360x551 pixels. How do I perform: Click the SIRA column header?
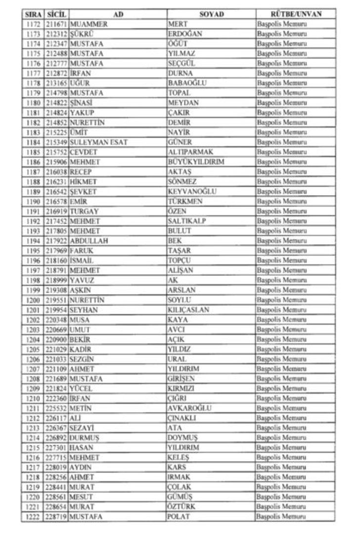click(33, 14)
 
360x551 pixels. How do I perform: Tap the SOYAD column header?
click(211, 14)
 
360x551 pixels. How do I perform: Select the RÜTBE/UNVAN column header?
click(296, 14)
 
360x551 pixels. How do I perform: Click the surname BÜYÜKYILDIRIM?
click(196, 162)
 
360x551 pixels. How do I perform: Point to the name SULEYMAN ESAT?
click(99, 142)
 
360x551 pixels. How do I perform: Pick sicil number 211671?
click(56, 24)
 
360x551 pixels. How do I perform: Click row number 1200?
click(33, 300)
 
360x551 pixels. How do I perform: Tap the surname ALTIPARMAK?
click(191, 152)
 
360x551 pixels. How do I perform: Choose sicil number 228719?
click(56, 517)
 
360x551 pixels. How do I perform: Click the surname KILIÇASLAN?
click(188, 310)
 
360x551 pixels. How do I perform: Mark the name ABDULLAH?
click(89, 241)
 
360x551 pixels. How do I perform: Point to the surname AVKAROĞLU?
click(189, 408)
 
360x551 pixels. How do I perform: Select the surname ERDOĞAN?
click(185, 34)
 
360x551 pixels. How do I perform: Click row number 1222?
click(33, 517)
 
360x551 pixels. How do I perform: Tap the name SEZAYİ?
click(82, 428)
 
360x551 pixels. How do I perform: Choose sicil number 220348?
click(56, 320)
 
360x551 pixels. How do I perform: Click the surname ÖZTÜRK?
click(181, 507)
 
